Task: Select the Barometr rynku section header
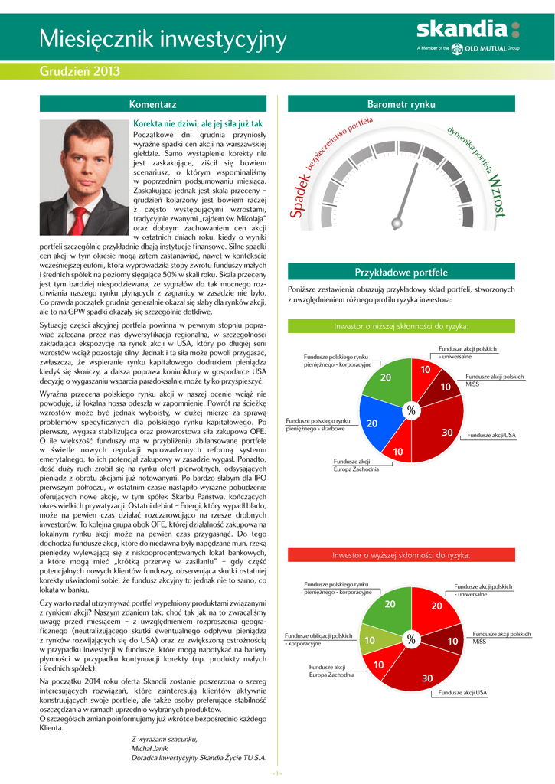pyautogui.click(x=401, y=103)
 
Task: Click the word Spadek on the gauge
pyautogui.click(x=301, y=195)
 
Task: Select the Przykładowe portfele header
pyautogui.click(x=401, y=273)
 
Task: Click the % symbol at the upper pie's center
pyautogui.click(x=411, y=412)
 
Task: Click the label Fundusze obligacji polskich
pyautogui.click(x=318, y=635)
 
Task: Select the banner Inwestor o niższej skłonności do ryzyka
pyautogui.click(x=401, y=326)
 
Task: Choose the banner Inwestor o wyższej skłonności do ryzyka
pyautogui.click(x=401, y=554)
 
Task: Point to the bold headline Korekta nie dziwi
pyautogui.click(x=198, y=123)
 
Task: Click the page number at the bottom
pyautogui.click(x=277, y=773)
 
